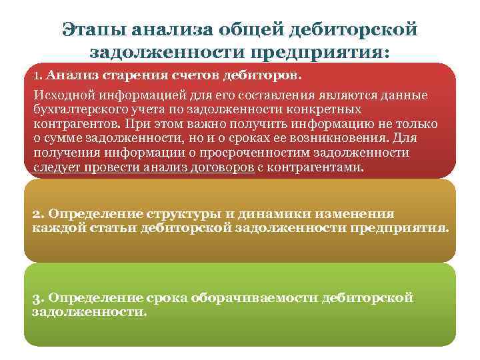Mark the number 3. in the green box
38,297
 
